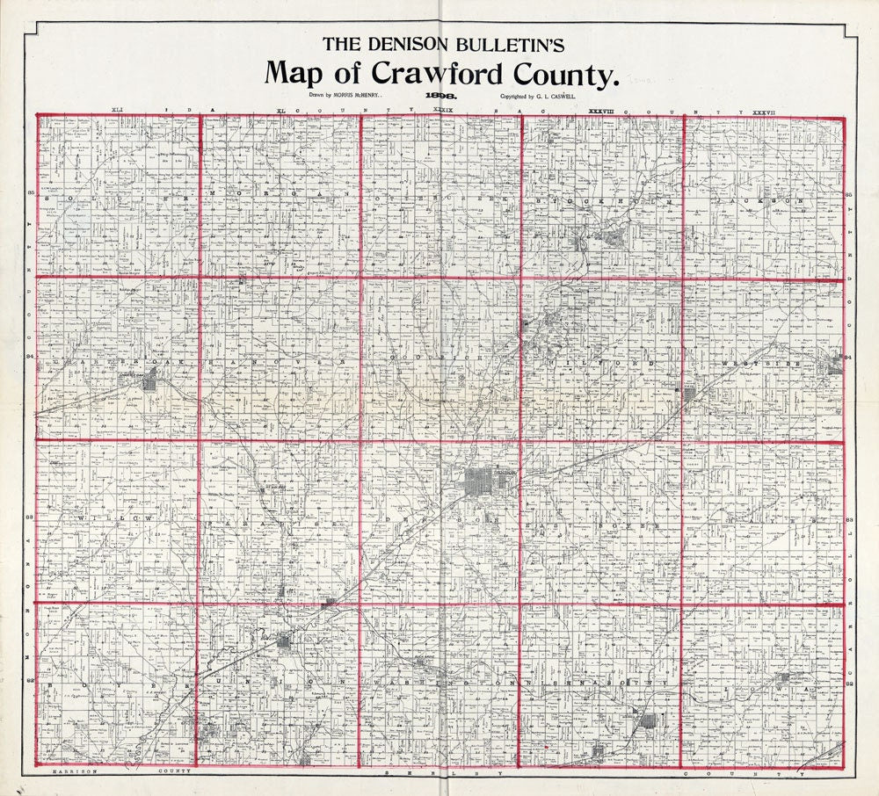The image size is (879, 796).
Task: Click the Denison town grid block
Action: [x=480, y=480]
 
